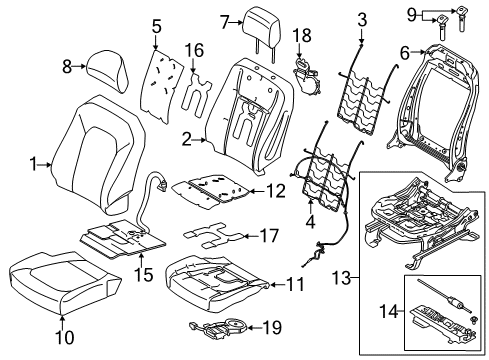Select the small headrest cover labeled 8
click(105, 67)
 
